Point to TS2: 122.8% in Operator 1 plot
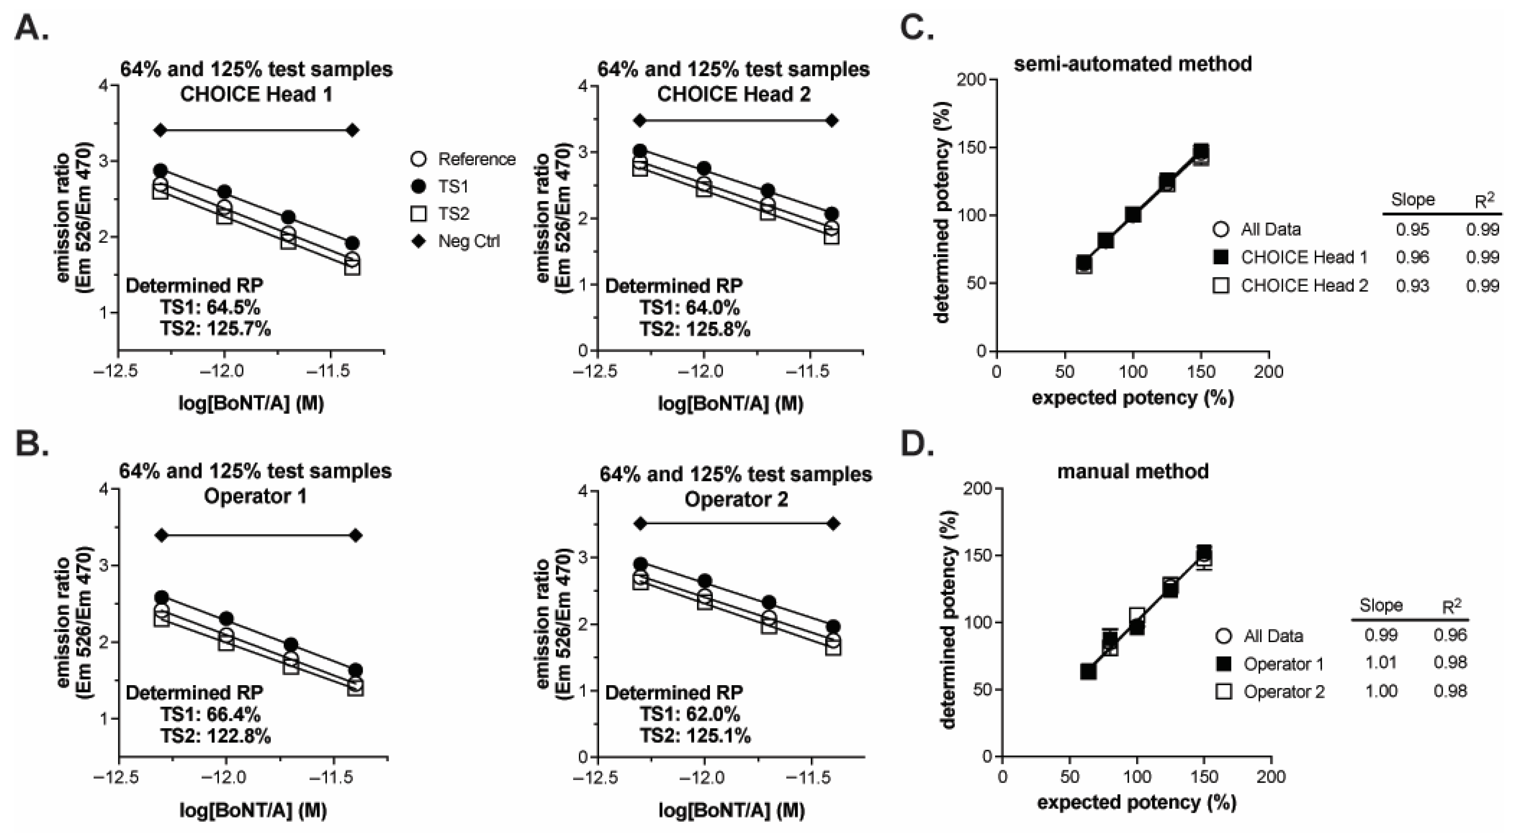click(215, 736)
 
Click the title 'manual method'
click(1132, 472)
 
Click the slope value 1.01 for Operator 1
click(1381, 663)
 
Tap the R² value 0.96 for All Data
click(1450, 635)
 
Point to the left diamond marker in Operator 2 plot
click(641, 524)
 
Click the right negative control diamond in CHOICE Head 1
click(352, 130)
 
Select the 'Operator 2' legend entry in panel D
click(1271, 692)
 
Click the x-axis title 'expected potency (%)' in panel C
click(1132, 398)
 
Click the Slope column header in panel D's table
click(1381, 605)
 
